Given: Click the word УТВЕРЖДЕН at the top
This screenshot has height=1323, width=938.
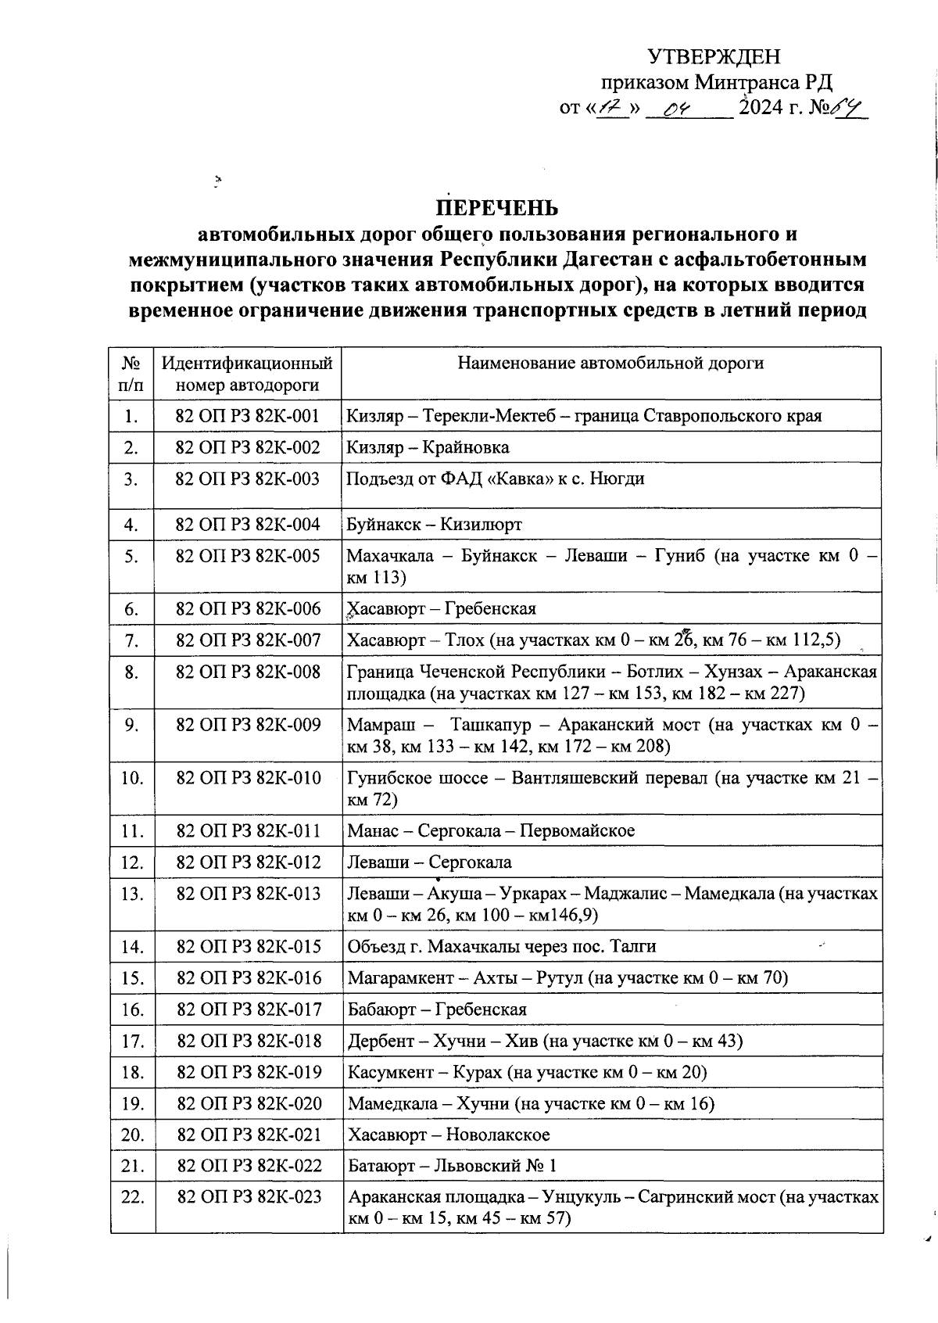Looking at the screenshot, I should pos(714,56).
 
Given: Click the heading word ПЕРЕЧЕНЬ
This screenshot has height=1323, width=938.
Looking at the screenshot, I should pos(497,208).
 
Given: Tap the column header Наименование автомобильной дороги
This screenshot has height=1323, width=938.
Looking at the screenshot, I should pos(610,363).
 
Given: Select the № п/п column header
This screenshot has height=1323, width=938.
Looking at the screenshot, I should pos(131,374).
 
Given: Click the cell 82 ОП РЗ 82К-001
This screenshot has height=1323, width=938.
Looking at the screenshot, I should pos(248,415).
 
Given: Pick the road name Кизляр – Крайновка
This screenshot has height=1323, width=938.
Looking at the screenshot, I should pos(428,447).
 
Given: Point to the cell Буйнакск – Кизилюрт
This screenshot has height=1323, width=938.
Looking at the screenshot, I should pos(434,525).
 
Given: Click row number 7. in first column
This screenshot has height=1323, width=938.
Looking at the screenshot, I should pos(131,640).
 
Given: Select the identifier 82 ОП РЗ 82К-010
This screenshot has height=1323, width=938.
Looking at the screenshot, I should pos(249,778).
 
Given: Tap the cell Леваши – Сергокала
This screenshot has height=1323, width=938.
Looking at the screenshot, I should pos(429,862).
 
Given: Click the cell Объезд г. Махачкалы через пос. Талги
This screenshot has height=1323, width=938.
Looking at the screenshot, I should pos(501,947).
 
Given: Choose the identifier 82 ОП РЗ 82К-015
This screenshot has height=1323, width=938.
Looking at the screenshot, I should pos(249,947).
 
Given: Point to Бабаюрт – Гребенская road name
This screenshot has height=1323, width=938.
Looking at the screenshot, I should pos(436,1009).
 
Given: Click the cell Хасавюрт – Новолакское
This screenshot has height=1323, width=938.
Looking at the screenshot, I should pos(448,1135).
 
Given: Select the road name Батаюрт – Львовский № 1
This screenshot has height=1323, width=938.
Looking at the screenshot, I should pos(452,1166).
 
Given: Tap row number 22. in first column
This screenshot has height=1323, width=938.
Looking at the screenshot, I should pos(132,1197).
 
